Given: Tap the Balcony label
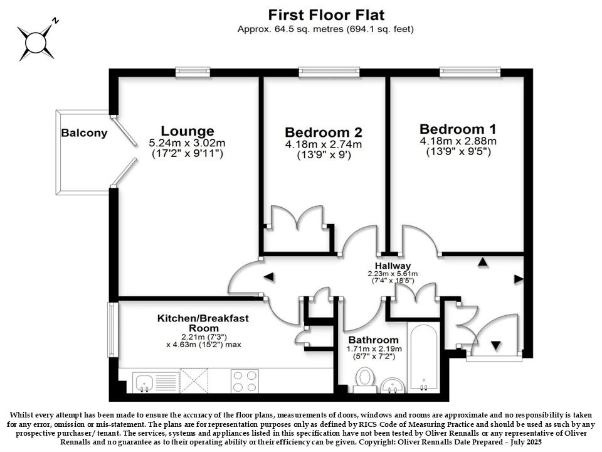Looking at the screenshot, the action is [84, 133].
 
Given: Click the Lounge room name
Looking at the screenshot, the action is [187, 131].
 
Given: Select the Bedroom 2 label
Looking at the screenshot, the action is [324, 132].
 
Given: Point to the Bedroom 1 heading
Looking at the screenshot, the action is [458, 129].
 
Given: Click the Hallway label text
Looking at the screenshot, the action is [393, 266].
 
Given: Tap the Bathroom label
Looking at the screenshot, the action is [374, 340].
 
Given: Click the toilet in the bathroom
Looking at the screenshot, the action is [365, 380].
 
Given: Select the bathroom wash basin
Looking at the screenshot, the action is [393, 385].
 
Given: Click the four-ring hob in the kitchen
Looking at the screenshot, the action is [245, 381].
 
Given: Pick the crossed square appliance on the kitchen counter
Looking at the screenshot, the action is [194, 380].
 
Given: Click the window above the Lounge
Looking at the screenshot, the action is [193, 72].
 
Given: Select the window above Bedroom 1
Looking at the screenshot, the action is [470, 72].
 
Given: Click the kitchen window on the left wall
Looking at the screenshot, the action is [112, 330].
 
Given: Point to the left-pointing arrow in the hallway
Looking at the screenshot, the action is [269, 277].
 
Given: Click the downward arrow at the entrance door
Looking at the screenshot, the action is [497, 346].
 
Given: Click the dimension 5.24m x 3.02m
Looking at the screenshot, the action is [187, 143].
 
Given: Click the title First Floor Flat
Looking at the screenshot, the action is [326, 15].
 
